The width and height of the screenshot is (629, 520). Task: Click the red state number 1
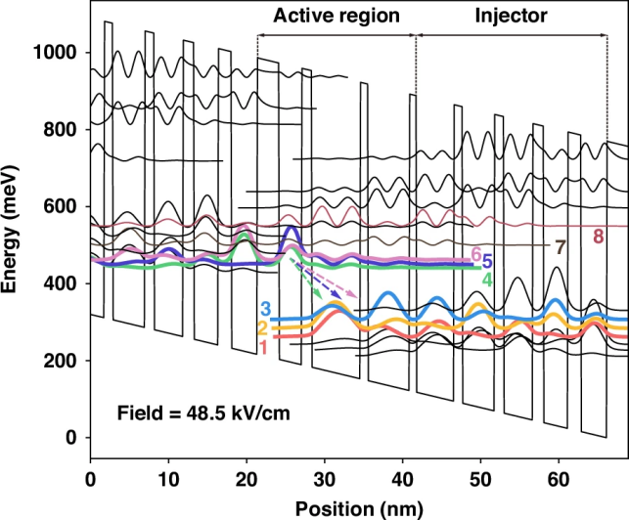(264, 348)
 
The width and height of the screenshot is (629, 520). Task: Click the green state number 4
(486, 279)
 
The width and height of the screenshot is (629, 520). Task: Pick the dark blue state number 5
(486, 262)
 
